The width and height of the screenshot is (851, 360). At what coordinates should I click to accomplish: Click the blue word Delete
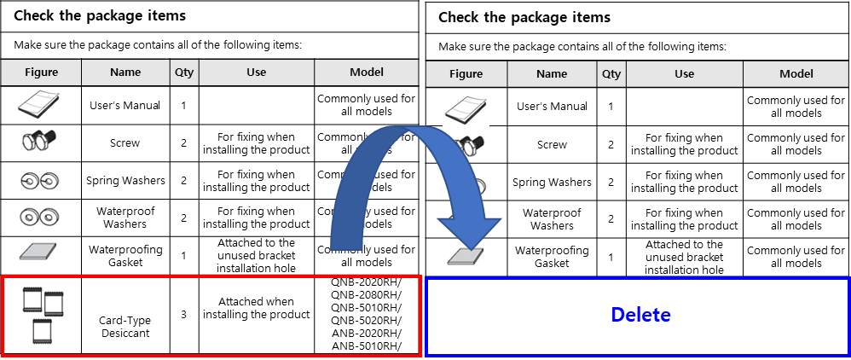[640, 315]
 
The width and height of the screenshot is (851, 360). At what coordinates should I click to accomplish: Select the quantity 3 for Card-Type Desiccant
[183, 314]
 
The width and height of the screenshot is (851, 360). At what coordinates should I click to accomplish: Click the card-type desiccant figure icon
[41, 313]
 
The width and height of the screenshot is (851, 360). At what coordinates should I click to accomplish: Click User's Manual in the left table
[124, 106]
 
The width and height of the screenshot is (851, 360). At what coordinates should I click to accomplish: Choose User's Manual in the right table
[552, 107]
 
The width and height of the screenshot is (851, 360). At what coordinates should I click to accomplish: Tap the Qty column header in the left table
[183, 73]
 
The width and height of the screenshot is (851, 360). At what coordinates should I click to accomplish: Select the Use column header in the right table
[684, 74]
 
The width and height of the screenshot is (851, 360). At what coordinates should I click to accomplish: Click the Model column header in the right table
[796, 74]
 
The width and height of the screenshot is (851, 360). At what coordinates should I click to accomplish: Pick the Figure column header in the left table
[41, 73]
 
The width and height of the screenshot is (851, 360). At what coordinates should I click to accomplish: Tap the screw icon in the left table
[41, 142]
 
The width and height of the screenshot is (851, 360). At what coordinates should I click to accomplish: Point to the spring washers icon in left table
[41, 180]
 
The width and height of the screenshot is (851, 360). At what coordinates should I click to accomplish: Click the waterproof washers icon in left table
[41, 217]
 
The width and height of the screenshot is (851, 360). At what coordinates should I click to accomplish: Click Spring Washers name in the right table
[552, 182]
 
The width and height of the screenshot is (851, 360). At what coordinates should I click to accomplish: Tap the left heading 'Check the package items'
[100, 15]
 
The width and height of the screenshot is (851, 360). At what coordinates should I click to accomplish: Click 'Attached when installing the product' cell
[256, 308]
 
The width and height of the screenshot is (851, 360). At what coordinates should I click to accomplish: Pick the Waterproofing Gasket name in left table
[124, 255]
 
